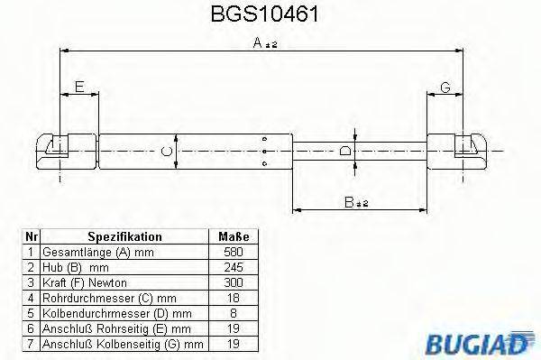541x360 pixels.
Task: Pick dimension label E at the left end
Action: pos(78,87)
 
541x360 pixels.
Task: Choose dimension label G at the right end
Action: pos(445,87)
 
